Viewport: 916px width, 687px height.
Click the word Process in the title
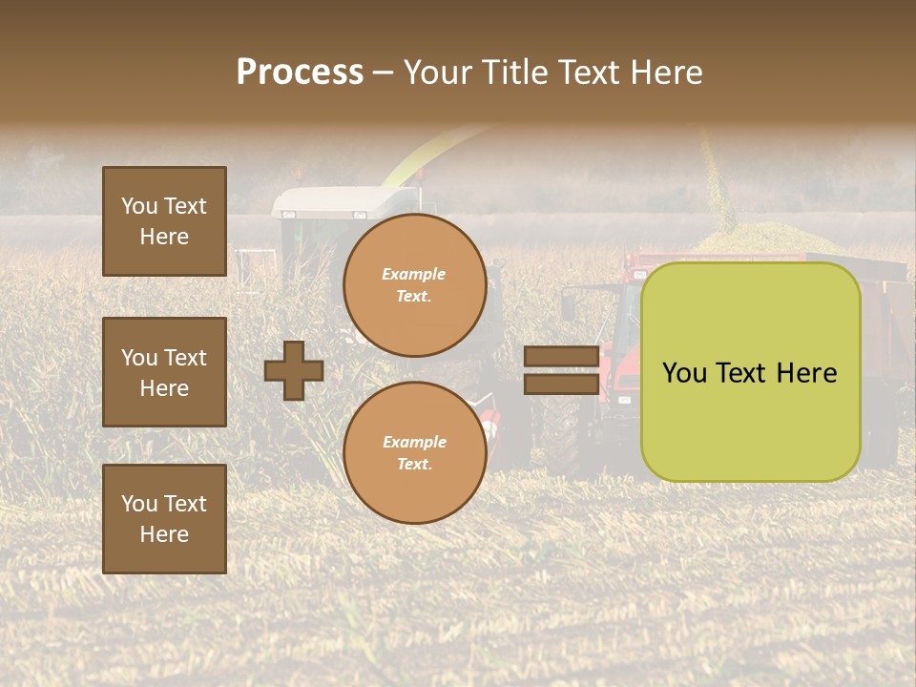pos(300,73)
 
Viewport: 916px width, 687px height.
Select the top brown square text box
pos(164,221)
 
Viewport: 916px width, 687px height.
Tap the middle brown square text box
pos(164,372)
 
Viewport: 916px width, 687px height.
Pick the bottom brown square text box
pos(164,519)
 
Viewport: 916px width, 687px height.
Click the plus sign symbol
pos(294,370)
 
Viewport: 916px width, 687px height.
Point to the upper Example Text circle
pos(414,285)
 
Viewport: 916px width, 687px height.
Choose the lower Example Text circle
pos(414,453)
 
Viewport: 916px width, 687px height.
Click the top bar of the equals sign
pos(561,357)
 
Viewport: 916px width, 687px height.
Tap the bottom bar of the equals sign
pos(561,384)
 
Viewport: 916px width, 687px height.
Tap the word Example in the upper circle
pos(414,274)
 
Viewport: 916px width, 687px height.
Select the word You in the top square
pos(139,206)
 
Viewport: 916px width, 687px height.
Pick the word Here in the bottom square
pos(164,534)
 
